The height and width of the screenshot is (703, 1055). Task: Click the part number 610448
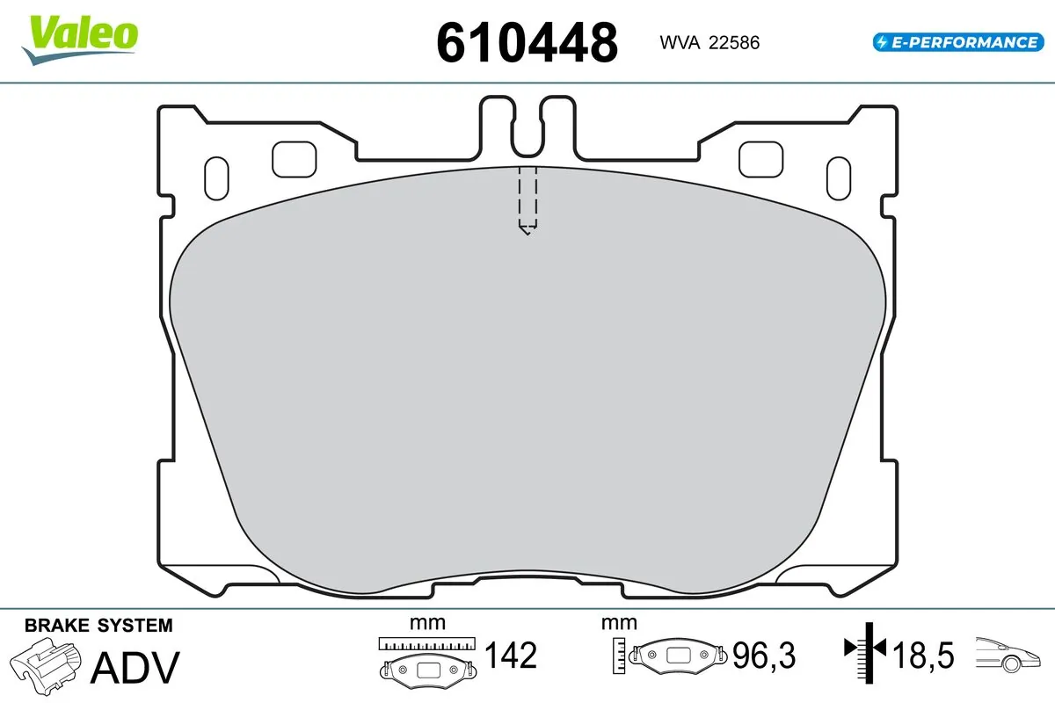point(527,42)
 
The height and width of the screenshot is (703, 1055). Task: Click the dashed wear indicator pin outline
point(527,199)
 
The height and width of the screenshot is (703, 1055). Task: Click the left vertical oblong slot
point(215,179)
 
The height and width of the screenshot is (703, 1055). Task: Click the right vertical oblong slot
point(840,179)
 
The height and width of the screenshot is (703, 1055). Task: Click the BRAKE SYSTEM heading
point(98,626)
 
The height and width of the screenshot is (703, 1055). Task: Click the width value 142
point(511,656)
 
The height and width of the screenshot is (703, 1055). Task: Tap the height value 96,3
point(762,656)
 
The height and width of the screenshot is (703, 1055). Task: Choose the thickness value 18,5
point(922,656)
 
